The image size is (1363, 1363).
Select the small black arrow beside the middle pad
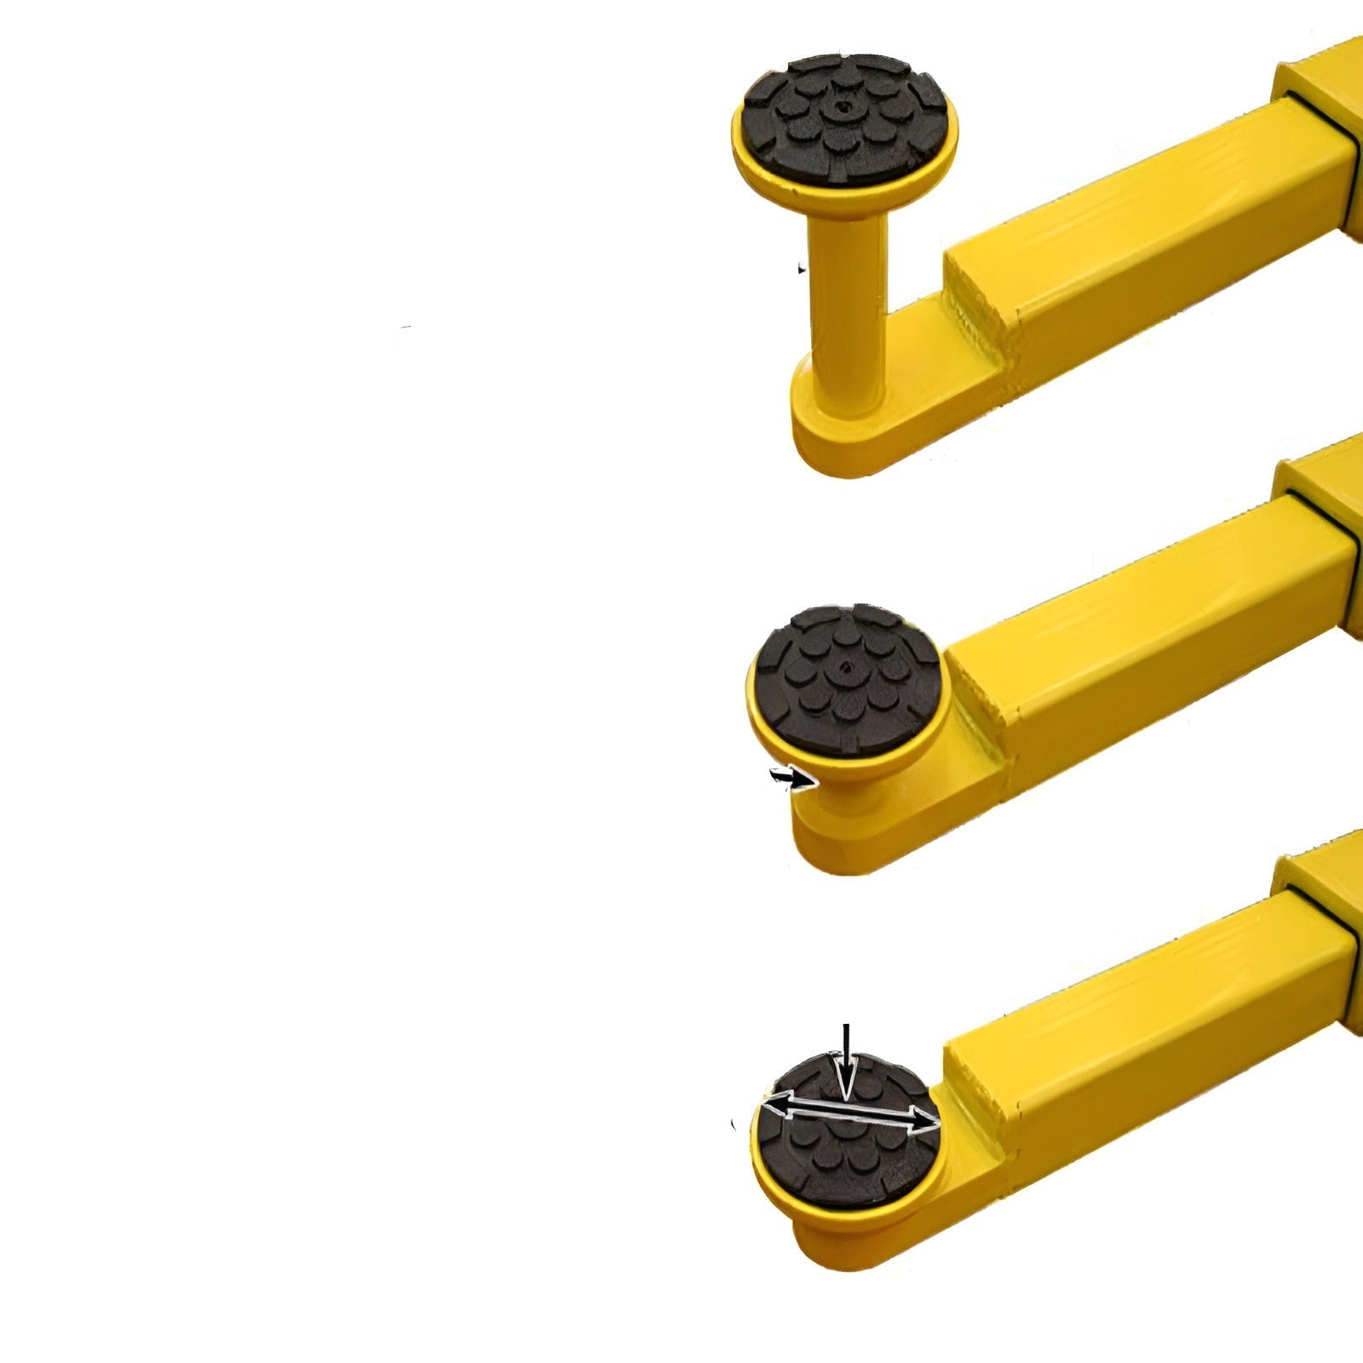click(787, 777)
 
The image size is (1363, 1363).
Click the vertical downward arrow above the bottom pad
click(844, 1061)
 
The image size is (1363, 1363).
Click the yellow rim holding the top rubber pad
click(767, 170)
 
